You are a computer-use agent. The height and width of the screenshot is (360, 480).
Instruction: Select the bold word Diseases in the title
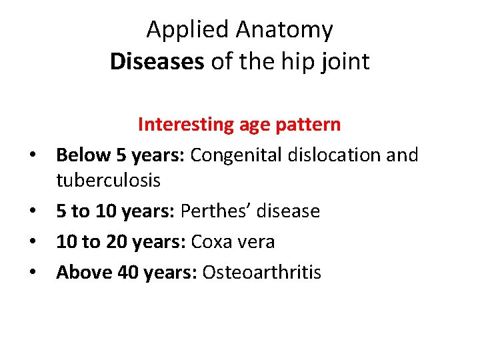[x=157, y=61]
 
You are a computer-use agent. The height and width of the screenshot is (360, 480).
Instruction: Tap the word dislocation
[x=329, y=155]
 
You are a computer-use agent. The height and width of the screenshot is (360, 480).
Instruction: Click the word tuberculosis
[x=108, y=181]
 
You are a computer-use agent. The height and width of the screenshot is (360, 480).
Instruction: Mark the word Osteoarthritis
[x=261, y=272]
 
